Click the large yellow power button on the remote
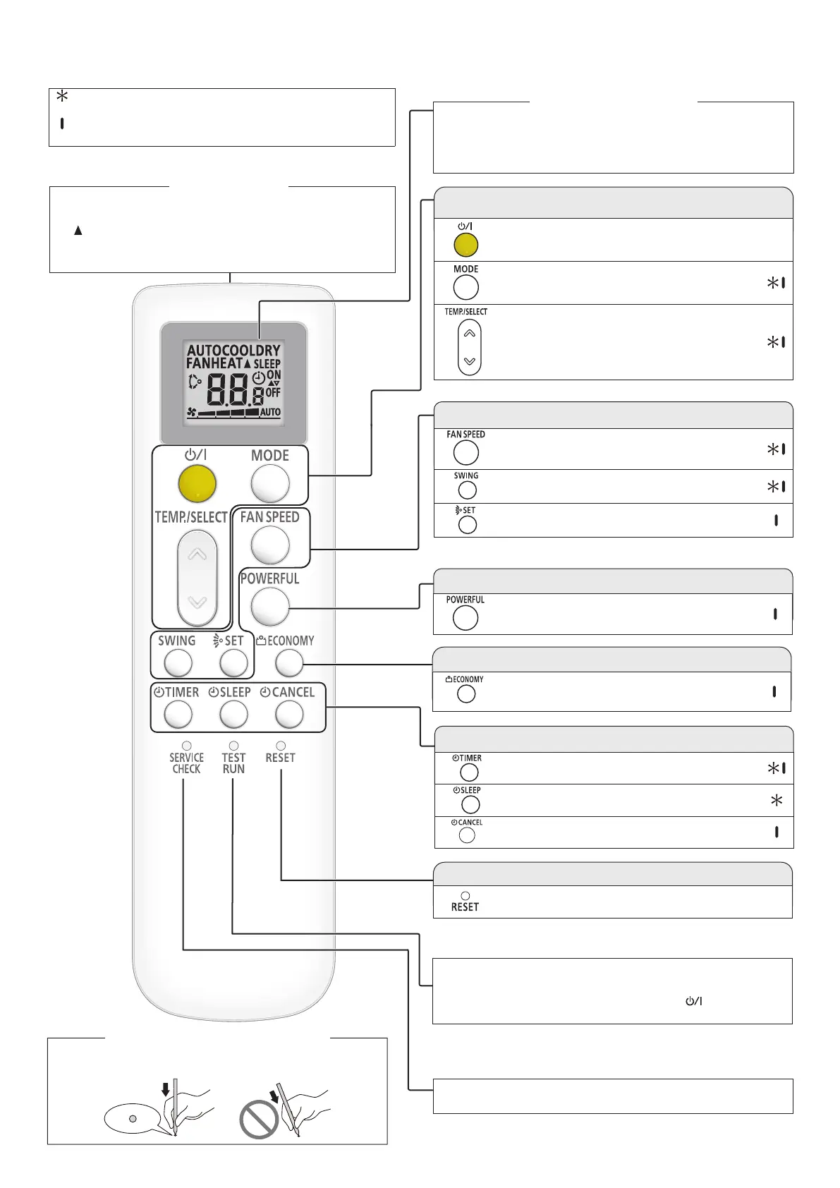click(x=197, y=484)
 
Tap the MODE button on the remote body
click(x=270, y=485)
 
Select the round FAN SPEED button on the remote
click(x=270, y=545)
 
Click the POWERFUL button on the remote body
click(x=270, y=606)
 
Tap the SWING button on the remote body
click(x=178, y=663)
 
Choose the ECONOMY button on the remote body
click(x=288, y=662)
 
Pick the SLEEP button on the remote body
click(x=233, y=715)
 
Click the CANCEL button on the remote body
click(x=288, y=715)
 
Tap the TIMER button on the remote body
click(x=178, y=715)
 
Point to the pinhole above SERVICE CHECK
click(x=187, y=746)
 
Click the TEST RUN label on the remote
click(x=233, y=763)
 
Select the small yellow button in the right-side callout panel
click(x=465, y=245)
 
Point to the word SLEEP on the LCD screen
click(x=267, y=364)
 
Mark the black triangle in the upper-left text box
click(x=78, y=230)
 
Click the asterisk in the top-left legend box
click(x=62, y=96)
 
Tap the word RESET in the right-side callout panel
click(x=465, y=907)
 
